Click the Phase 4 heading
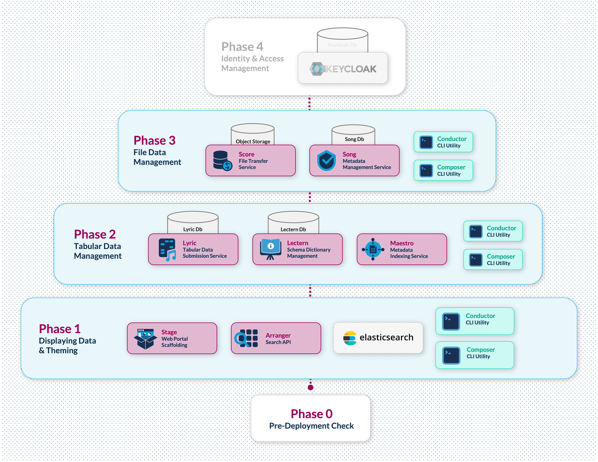coord(242,47)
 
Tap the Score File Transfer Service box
coord(250,161)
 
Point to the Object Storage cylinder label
coord(253,141)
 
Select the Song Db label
coord(354,139)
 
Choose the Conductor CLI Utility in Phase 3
coord(443,142)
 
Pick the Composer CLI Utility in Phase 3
coord(443,170)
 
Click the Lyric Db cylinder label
coord(193,229)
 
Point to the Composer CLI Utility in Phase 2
coord(493,259)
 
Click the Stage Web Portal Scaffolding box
coord(172,338)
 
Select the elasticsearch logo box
coord(378,337)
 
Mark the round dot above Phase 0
coord(310,387)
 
